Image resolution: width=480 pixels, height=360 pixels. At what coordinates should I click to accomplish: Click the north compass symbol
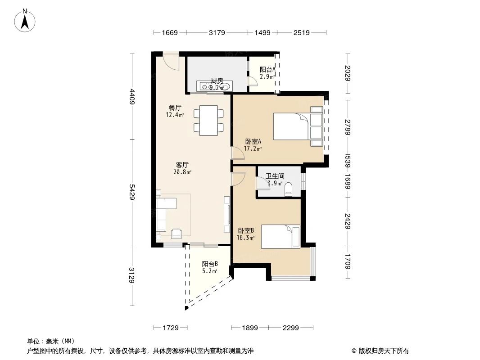tap(26, 20)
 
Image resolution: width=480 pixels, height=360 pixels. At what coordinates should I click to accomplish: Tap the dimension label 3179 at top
tap(217, 33)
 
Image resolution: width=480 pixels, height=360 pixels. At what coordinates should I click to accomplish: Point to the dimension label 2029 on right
tap(347, 73)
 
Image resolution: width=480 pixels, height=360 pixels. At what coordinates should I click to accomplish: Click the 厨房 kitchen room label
tap(217, 81)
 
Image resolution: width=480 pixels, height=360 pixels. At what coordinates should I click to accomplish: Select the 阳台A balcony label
tap(267, 70)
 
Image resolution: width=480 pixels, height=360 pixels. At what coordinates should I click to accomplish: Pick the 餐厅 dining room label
tap(175, 108)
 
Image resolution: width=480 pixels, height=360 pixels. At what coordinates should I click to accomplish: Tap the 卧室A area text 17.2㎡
tap(253, 148)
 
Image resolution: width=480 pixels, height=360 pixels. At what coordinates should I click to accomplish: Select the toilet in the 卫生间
tap(289, 189)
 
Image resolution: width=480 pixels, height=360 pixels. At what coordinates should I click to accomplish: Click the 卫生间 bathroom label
tap(274, 176)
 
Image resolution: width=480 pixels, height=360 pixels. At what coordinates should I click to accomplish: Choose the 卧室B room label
tap(246, 230)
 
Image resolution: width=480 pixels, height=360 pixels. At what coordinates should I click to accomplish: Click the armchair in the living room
tap(177, 233)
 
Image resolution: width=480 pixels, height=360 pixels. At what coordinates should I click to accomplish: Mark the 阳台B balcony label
tap(210, 264)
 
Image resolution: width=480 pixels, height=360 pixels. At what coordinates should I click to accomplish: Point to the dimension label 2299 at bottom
tap(291, 328)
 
